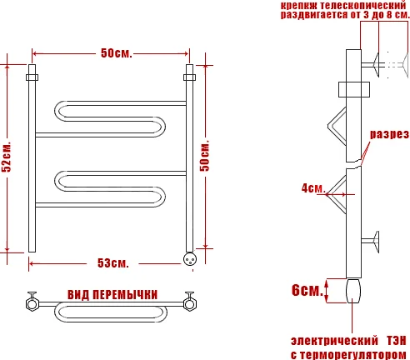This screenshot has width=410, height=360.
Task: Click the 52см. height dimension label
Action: tap(7, 157)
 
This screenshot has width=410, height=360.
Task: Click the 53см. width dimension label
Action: tap(113, 263)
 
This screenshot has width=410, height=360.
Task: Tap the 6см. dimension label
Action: tap(307, 290)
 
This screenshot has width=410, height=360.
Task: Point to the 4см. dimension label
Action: tap(313, 188)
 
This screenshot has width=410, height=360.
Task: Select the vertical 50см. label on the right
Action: tap(205, 156)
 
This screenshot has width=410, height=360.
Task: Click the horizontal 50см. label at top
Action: tap(116, 52)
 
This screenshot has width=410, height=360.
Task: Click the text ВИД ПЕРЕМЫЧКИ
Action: tap(112, 295)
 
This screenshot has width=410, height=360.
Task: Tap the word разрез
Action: tap(389, 134)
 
